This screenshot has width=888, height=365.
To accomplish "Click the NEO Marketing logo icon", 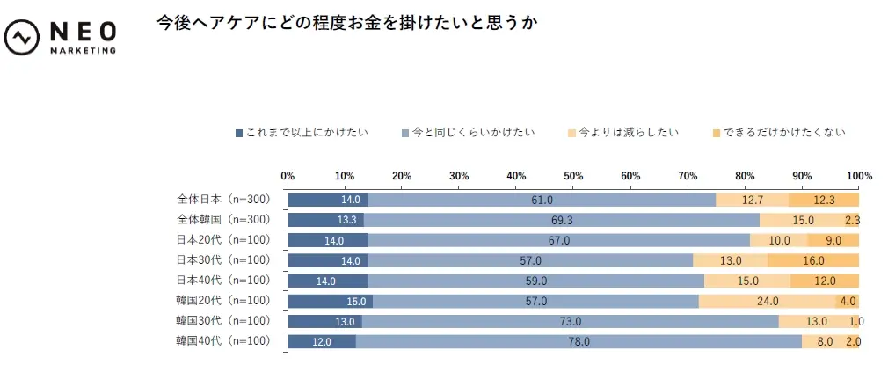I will (x=20, y=38).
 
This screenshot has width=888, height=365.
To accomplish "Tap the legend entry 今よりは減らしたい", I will (x=623, y=133).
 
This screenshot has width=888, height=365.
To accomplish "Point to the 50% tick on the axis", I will (x=573, y=175).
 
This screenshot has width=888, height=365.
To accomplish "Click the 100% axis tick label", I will (x=858, y=175).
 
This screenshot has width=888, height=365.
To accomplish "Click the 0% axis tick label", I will (x=288, y=175).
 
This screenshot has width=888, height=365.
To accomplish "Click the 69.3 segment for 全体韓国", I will (x=561, y=220).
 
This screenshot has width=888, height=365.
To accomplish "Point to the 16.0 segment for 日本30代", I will (x=813, y=260).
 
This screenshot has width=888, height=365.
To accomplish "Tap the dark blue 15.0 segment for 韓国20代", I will (x=331, y=301).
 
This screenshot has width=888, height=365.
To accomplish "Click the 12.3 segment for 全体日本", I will (x=824, y=200).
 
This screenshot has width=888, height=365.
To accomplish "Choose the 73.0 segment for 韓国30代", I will (x=570, y=321).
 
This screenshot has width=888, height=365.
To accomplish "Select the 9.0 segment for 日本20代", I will (x=833, y=240).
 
